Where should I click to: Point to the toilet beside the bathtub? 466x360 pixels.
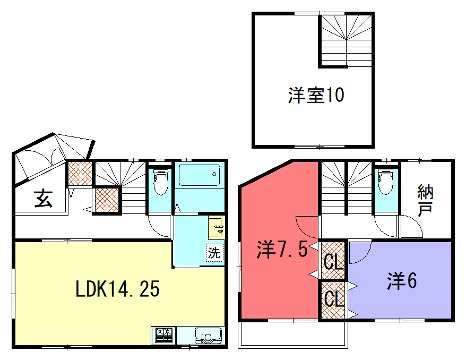point(160,184)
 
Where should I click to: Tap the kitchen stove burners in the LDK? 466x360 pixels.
point(165,333)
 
